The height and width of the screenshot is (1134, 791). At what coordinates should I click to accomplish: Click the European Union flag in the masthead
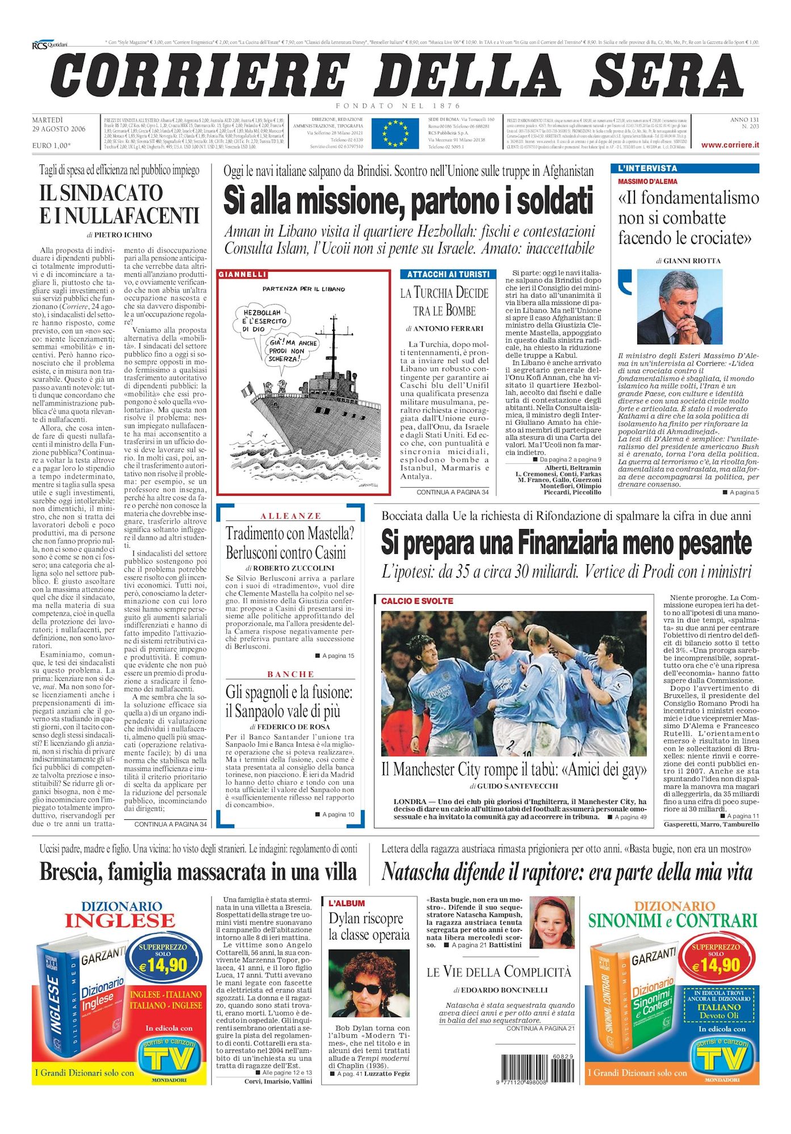395,133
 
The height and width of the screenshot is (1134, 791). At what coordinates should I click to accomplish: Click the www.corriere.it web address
730,145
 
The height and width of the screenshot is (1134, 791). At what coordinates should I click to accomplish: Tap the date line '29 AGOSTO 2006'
59,129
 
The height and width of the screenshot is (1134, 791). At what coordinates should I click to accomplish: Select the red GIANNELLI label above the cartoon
242,274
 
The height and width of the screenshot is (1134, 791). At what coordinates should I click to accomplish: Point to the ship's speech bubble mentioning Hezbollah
266,320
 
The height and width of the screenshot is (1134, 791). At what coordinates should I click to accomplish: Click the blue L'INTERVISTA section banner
685,168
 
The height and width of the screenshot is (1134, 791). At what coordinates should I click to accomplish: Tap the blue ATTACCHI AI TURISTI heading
448,274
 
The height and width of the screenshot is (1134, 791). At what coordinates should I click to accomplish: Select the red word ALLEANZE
291,516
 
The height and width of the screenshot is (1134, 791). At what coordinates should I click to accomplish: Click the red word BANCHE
291,674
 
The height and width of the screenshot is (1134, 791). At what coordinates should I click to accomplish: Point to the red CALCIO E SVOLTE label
417,601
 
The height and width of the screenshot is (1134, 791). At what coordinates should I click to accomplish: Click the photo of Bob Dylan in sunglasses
369,984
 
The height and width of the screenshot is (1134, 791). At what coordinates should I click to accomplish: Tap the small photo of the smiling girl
552,923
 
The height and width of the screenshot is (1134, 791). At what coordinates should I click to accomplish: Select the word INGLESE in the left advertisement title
120,920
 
